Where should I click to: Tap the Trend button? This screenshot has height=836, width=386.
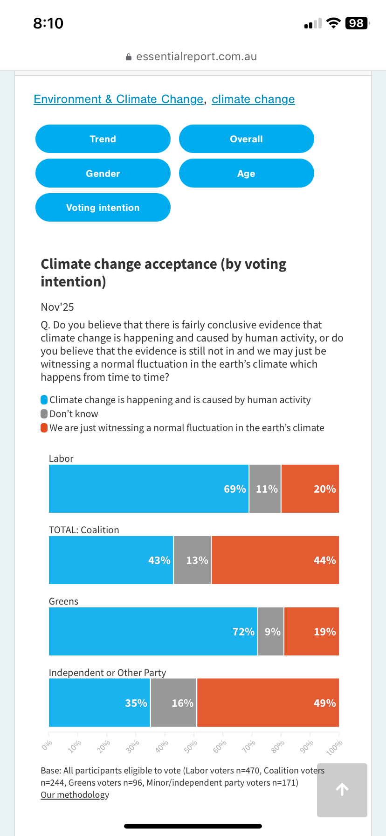103,139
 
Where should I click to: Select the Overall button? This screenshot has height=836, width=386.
246,139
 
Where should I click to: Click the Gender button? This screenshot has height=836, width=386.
103,174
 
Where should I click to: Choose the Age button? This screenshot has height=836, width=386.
246,174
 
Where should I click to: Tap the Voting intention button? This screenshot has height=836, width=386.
103,208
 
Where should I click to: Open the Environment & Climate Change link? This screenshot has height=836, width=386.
118,99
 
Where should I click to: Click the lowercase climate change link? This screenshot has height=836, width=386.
253,99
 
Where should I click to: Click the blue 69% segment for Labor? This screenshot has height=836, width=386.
149,488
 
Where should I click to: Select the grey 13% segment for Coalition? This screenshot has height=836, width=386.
193,560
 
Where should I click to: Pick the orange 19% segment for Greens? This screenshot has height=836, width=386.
311,631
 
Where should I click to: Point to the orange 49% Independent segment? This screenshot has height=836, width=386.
268,703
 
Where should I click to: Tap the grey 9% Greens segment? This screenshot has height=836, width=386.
271,631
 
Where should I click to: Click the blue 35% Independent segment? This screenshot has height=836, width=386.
99,703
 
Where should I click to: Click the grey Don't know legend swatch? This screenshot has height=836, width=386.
44,414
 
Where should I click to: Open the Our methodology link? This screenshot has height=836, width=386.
75,795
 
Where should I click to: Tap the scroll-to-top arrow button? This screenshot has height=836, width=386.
342,790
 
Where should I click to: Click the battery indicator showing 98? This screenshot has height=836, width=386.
357,23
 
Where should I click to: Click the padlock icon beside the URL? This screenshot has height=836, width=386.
129,57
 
